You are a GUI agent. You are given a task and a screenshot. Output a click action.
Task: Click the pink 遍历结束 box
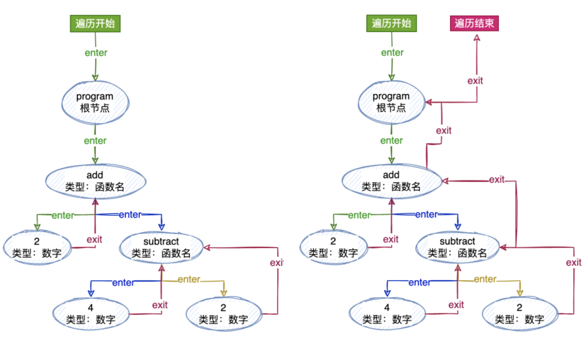[476, 23]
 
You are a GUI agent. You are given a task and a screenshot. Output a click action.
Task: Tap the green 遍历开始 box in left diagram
[95, 23]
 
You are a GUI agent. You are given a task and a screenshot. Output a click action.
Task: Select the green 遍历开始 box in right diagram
[392, 23]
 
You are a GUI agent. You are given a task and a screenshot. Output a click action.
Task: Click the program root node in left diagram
[95, 102]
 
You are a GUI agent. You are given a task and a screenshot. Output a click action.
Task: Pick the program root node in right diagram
[391, 102]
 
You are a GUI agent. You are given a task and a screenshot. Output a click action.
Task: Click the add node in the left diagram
[96, 181]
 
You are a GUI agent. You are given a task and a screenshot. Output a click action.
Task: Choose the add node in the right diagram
[392, 181]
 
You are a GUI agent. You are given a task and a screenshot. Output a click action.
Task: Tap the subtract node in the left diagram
[161, 247]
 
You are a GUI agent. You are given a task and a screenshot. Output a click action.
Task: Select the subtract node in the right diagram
[457, 247]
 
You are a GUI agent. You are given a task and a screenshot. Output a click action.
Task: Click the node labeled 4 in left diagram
[90, 314]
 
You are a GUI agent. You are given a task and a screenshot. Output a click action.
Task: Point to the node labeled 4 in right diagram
[386, 314]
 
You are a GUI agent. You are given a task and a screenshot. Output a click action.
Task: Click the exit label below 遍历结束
[476, 81]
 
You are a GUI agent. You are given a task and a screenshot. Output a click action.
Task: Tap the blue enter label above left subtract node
[130, 214]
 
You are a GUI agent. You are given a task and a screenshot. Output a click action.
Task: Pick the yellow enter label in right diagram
[485, 279]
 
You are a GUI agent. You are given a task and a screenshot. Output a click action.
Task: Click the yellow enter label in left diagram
[189, 280]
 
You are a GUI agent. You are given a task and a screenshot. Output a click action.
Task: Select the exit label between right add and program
[444, 131]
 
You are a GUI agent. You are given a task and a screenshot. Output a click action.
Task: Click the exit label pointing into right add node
[497, 179]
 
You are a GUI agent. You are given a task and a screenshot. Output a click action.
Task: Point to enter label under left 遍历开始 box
[96, 53]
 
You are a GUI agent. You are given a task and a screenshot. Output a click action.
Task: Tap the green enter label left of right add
[359, 215]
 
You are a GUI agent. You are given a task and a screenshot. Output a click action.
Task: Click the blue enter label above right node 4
[419, 282]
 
